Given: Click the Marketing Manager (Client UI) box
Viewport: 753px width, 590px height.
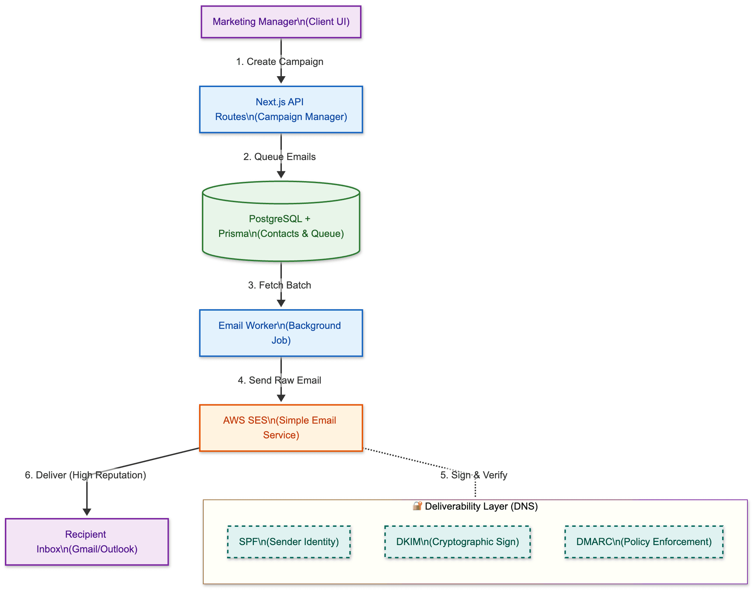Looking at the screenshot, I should click(x=281, y=22).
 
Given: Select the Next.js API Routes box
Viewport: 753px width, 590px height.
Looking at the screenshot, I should click(x=281, y=109).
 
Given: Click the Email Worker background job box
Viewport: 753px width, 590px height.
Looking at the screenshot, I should click(x=281, y=333).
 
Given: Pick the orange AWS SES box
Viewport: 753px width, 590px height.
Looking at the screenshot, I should click(x=281, y=427).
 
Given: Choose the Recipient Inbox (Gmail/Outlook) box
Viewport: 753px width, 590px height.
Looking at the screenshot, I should click(x=87, y=542).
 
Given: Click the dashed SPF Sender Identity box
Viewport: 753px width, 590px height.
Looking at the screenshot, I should click(x=289, y=542).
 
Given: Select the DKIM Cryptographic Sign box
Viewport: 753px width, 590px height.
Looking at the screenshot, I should click(x=457, y=542).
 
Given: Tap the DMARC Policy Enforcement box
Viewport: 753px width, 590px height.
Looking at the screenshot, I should click(x=644, y=542).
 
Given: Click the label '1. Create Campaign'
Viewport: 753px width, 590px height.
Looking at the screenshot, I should click(x=279, y=62).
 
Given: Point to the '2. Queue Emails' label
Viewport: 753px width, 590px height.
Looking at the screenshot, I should click(x=279, y=157).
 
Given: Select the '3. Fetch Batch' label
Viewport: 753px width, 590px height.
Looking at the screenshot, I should click(x=279, y=285).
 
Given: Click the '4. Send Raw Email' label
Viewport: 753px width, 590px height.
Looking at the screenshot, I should click(x=279, y=380).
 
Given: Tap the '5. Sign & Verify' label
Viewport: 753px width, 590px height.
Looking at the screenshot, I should click(x=474, y=475).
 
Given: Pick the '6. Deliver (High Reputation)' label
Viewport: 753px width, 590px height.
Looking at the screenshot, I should click(x=85, y=475).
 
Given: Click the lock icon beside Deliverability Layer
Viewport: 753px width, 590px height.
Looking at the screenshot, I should click(x=417, y=506).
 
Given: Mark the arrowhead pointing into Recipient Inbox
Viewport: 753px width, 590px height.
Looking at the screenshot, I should click(x=87, y=512).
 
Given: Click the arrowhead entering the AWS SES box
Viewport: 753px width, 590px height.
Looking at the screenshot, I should click(x=281, y=398).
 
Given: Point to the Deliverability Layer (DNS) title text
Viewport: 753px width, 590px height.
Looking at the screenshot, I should click(x=481, y=506).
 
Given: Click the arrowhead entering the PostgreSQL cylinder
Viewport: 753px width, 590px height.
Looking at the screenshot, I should click(x=281, y=174).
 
